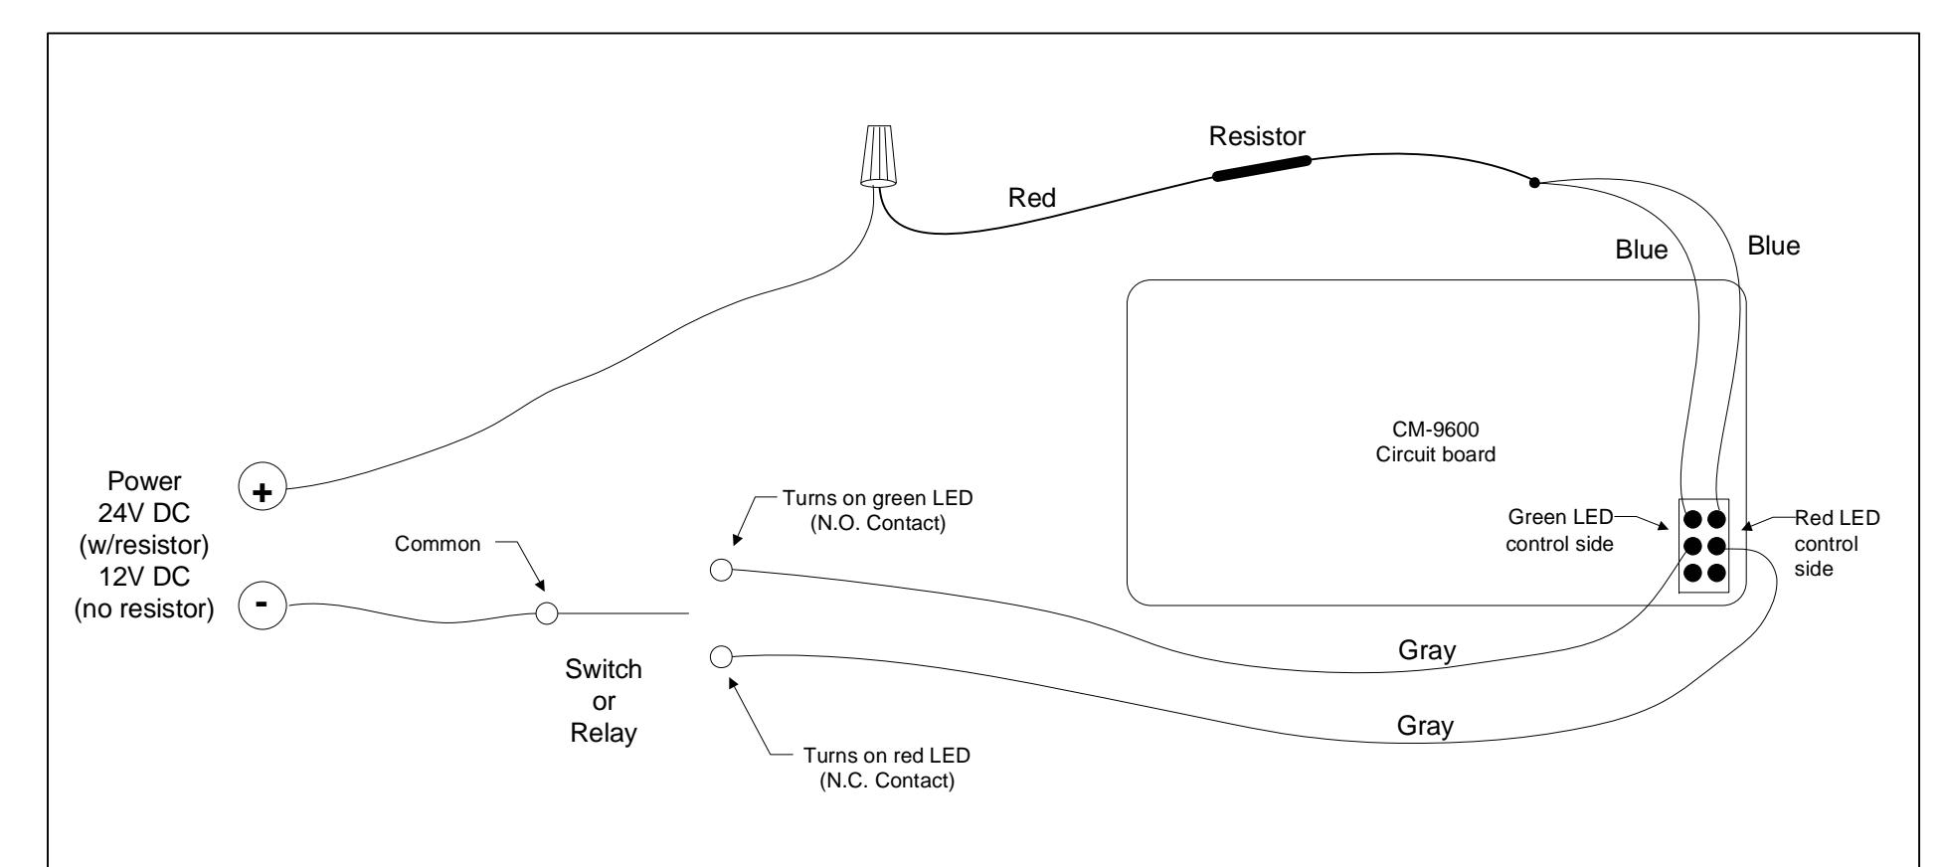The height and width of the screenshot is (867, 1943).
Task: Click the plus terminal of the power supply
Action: pos(264,491)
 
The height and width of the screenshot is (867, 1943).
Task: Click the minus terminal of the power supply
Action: pos(264,605)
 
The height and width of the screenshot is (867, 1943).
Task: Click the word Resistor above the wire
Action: pos(1257,136)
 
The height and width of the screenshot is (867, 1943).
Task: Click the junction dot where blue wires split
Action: pos(1534,182)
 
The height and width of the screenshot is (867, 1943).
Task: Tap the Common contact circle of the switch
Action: pos(546,612)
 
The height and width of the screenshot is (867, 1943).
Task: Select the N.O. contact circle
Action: pos(722,570)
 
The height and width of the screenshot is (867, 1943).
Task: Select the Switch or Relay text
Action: pos(604,701)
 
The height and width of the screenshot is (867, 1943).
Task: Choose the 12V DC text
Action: pos(144,577)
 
